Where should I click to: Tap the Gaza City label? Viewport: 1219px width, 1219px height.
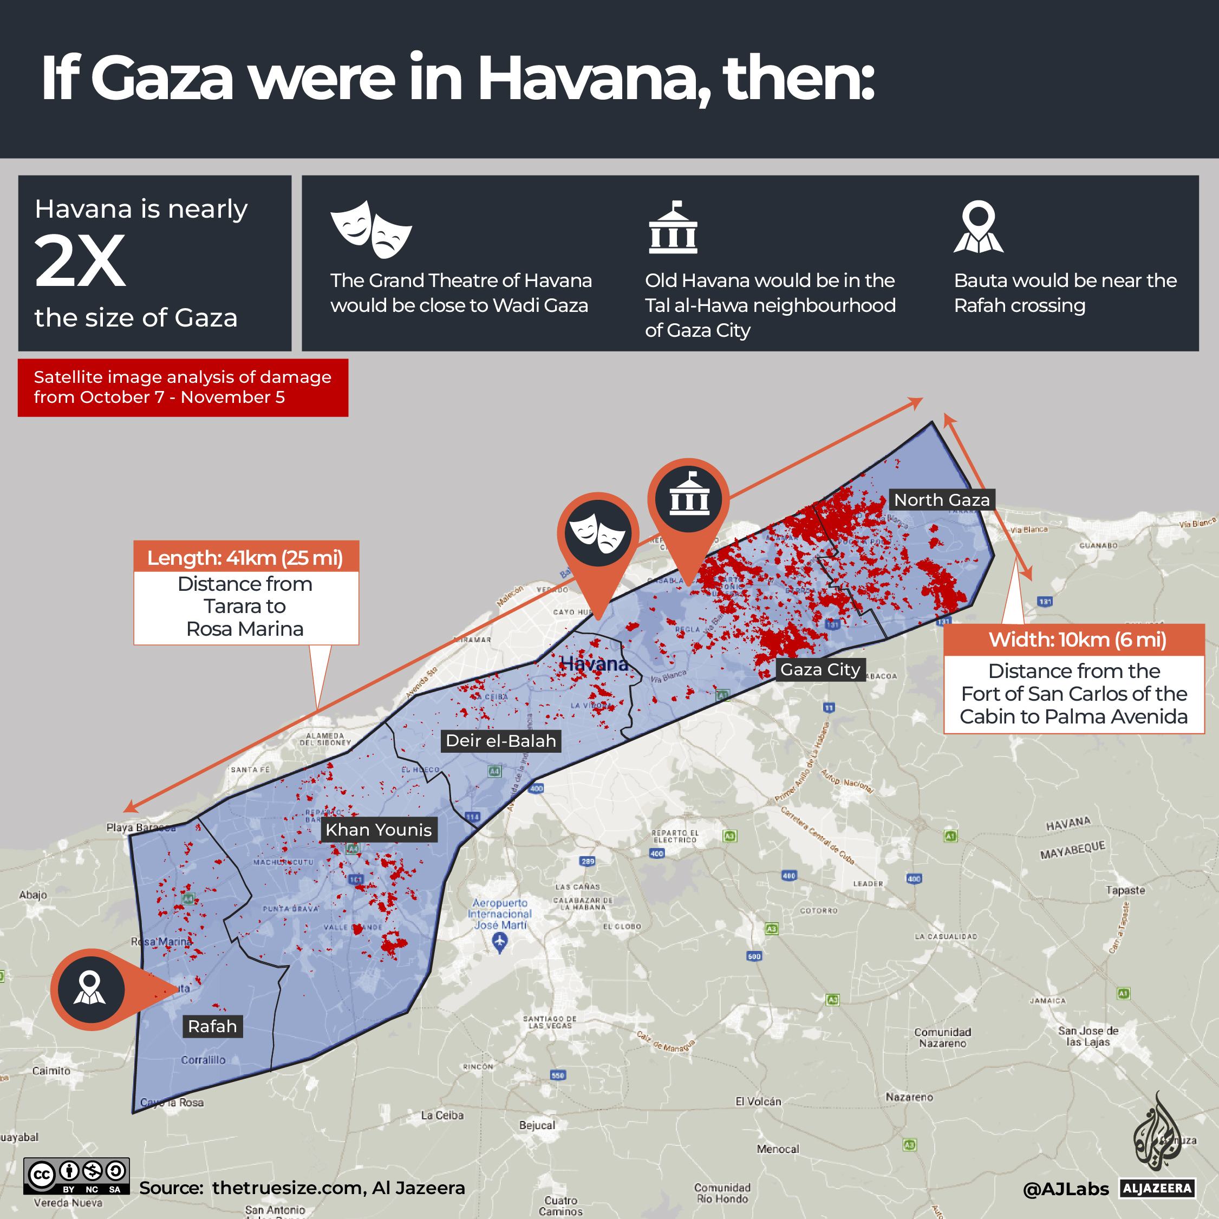pos(820,669)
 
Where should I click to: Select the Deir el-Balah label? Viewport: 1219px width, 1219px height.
pos(501,741)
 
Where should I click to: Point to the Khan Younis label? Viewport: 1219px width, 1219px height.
pos(379,830)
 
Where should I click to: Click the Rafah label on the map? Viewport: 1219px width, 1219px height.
pos(213,1027)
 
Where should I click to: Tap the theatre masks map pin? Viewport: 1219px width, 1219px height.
pos(597,534)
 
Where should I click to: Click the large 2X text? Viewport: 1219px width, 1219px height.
pos(80,261)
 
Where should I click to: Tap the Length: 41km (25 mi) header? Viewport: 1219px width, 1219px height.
pos(245,558)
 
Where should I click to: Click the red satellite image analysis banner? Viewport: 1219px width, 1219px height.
pos(183,387)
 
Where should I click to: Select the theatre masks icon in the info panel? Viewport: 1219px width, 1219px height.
pos(371,230)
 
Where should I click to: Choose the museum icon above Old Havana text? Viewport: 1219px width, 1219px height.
pos(673,228)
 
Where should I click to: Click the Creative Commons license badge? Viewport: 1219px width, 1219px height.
pos(76,1176)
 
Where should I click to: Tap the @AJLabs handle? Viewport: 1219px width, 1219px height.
pos(1065,1189)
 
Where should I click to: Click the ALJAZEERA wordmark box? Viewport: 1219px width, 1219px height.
pos(1158,1189)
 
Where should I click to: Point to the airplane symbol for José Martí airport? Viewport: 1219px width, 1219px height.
pos(500,942)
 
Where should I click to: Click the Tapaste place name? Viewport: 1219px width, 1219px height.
pos(1125,890)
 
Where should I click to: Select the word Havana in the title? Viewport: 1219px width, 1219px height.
pos(594,78)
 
